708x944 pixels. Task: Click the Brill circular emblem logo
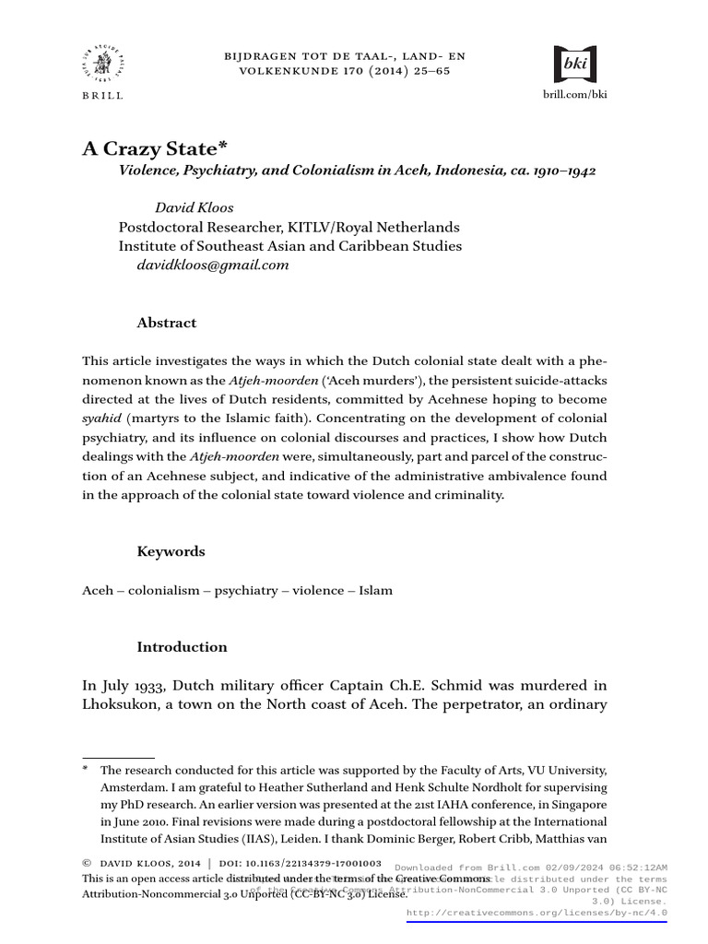pyautogui.click(x=102, y=65)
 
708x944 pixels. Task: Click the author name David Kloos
pyautogui.click(x=194, y=208)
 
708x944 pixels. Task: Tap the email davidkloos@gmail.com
pyautogui.click(x=213, y=265)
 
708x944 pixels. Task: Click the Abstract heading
pyautogui.click(x=167, y=323)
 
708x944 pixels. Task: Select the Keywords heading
pyautogui.click(x=171, y=551)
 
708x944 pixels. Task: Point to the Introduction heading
pyautogui.click(x=182, y=647)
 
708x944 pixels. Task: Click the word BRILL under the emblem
pyautogui.click(x=102, y=95)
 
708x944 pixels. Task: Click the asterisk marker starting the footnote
pyautogui.click(x=86, y=769)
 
